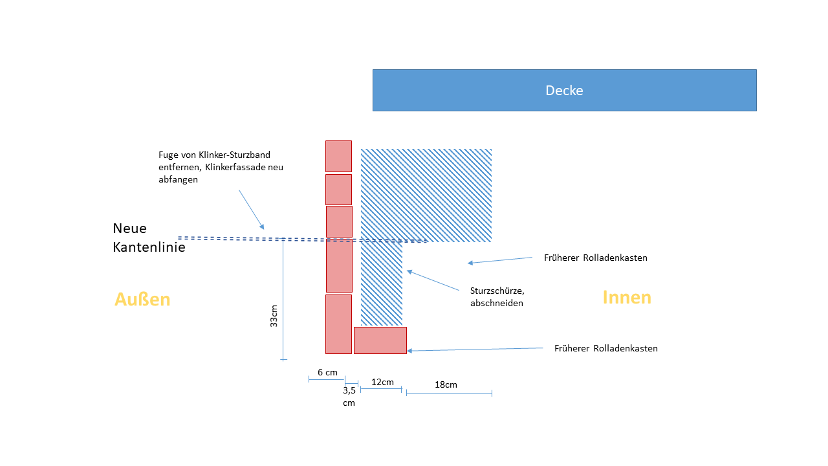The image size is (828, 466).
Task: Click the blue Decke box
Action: coord(564,90)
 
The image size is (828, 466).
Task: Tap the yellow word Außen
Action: coord(142,299)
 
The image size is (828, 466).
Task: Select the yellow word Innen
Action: coord(627,297)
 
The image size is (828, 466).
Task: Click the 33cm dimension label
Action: coord(274,316)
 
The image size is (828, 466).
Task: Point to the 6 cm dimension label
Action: coord(327,372)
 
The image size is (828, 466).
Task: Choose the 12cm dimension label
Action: coord(382,382)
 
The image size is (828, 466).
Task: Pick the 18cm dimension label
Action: coord(446,384)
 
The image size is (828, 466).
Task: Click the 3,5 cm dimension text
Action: coord(349,396)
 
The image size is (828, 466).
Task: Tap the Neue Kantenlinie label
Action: coord(149,238)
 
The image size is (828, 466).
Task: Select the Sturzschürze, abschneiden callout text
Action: coord(497,296)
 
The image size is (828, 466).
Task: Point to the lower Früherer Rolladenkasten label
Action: coord(605,348)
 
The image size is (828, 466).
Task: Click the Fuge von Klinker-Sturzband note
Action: coord(221,168)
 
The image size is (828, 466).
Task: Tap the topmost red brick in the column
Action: coord(338,156)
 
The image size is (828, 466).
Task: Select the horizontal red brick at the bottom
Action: coord(380,340)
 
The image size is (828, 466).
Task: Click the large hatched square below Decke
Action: coord(426,194)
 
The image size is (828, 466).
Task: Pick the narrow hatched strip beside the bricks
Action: coord(382,283)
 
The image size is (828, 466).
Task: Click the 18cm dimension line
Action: coord(449,393)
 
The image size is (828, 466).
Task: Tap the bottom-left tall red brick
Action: coord(338,324)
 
